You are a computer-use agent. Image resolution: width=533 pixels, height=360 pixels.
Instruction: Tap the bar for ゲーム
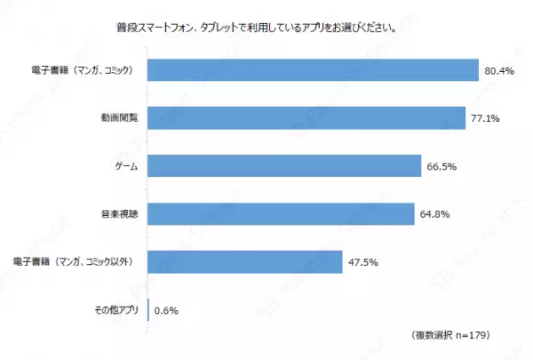coord(283,166)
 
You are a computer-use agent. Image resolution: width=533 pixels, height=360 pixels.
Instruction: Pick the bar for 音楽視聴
coord(281,214)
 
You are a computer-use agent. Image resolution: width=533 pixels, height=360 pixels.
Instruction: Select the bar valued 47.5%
coord(245,262)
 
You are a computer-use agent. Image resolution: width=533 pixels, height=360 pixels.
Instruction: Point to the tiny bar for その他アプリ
coord(148,310)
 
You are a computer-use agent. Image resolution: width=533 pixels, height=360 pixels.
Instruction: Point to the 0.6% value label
coord(167,310)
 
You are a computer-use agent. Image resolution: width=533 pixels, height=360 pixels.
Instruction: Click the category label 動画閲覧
coord(120,118)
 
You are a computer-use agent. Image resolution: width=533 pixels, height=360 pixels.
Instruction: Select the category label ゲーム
coord(126,166)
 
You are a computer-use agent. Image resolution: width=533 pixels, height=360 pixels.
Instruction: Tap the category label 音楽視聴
coord(120,214)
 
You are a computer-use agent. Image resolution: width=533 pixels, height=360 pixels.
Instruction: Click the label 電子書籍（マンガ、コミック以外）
coord(77,262)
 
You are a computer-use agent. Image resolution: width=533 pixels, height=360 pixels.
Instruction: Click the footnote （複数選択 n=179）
coord(452,335)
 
